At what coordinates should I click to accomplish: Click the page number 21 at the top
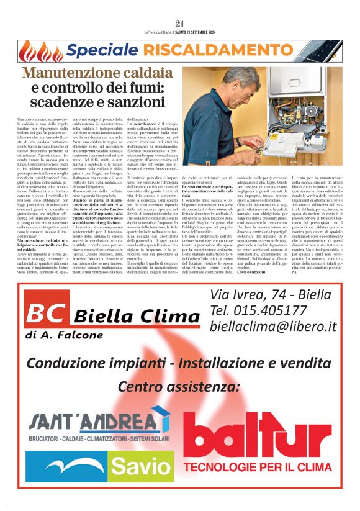click(x=180, y=24)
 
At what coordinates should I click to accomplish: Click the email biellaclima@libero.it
click(x=273, y=326)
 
